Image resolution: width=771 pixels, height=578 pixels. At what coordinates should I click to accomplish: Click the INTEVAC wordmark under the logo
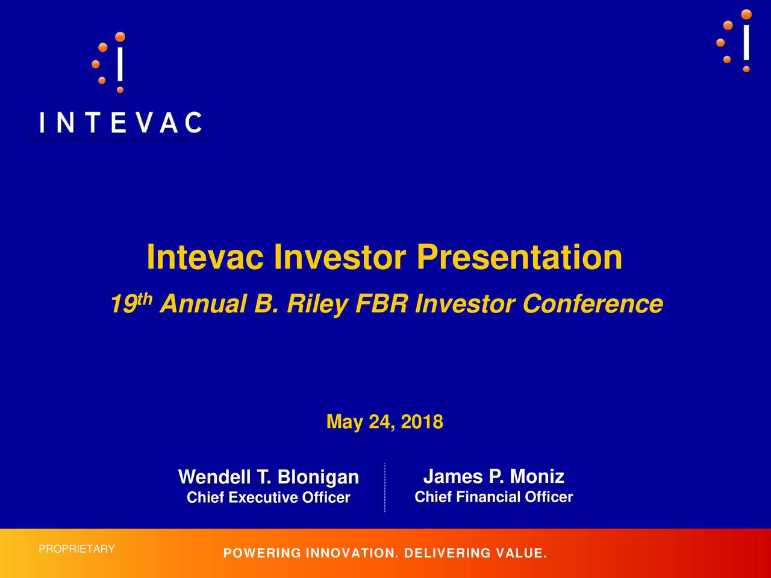pyautogui.click(x=121, y=122)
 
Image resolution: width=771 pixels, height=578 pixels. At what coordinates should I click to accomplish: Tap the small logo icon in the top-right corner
pyautogui.click(x=734, y=41)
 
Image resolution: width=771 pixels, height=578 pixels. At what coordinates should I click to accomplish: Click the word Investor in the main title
pyautogui.click(x=340, y=257)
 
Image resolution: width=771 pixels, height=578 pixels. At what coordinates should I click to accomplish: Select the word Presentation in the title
pyautogui.click(x=519, y=257)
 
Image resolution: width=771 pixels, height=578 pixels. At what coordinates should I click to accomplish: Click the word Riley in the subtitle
pyautogui.click(x=318, y=303)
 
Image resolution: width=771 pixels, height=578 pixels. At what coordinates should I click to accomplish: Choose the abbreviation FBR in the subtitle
pyautogui.click(x=381, y=303)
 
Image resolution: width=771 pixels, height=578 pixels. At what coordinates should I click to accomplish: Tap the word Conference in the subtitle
pyautogui.click(x=593, y=303)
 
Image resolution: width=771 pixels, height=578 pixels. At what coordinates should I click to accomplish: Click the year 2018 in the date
pyautogui.click(x=422, y=421)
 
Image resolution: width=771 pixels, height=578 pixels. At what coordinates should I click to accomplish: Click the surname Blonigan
pyautogui.click(x=318, y=477)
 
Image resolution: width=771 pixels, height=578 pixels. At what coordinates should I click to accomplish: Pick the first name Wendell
pyautogui.click(x=214, y=477)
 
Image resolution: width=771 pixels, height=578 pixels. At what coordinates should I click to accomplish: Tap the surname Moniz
pyautogui.click(x=537, y=477)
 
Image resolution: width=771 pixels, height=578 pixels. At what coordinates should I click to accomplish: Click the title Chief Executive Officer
pyautogui.click(x=269, y=498)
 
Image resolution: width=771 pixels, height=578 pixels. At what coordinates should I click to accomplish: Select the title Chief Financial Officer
pyautogui.click(x=493, y=497)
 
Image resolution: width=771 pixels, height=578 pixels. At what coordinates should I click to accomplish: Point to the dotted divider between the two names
pyautogui.click(x=385, y=488)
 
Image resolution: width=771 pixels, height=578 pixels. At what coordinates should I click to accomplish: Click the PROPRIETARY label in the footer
pyautogui.click(x=76, y=549)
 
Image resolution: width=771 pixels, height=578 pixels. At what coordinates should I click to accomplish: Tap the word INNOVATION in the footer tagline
pyautogui.click(x=352, y=553)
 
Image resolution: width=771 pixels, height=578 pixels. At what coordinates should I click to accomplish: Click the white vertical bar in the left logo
pyautogui.click(x=120, y=64)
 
